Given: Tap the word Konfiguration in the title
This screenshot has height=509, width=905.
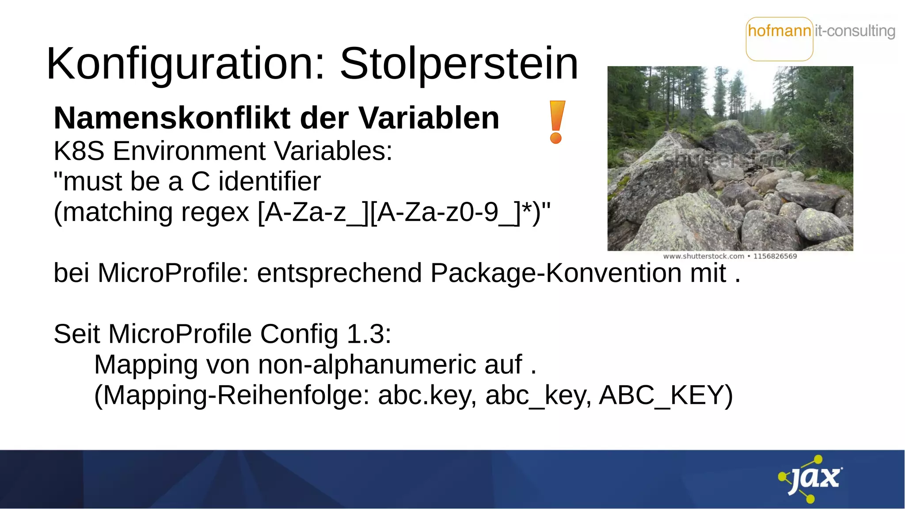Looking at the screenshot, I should pos(186,64).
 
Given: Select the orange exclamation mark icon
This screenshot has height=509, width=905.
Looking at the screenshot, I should pos(557,122).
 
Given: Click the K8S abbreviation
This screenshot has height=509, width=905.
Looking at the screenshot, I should pos(79,151).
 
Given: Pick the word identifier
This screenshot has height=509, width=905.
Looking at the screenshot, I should pos(270,182).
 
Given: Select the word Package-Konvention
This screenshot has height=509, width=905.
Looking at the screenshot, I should pos(556,273).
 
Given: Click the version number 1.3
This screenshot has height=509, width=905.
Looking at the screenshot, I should pos(369,334).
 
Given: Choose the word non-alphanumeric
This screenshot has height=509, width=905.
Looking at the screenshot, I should pos(367,365).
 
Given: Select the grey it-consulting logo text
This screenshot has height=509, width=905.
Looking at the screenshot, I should pos(855,31).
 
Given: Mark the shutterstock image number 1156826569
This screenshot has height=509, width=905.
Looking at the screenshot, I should pos(775,256).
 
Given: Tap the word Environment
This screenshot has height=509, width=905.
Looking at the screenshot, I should pos(190,151).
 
